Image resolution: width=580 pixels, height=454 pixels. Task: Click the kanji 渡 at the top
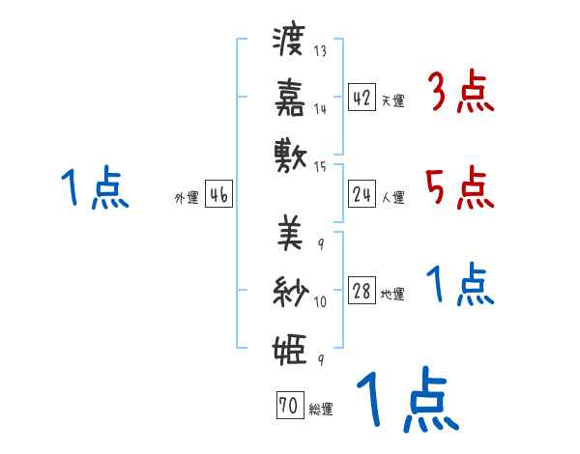pyautogui.click(x=290, y=42)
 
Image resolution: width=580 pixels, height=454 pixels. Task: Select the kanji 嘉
pyautogui.click(x=290, y=97)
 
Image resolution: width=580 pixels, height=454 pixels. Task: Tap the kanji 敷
pyautogui.click(x=290, y=155)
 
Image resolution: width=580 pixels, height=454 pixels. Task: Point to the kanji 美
pyautogui.click(x=290, y=233)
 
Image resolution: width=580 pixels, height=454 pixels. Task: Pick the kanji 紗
pyautogui.click(x=290, y=290)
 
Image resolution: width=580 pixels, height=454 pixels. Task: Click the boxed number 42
pyautogui.click(x=362, y=98)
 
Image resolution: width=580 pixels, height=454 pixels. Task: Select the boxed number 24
pyautogui.click(x=362, y=195)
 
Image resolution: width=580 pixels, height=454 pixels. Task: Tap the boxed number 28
pyautogui.click(x=362, y=292)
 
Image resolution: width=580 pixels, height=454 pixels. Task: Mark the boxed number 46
pyautogui.click(x=218, y=195)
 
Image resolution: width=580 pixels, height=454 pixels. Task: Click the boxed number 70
pyautogui.click(x=289, y=407)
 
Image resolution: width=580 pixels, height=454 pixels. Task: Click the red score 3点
pyautogui.click(x=461, y=94)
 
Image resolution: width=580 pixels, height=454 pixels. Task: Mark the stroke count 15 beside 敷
pyautogui.click(x=320, y=167)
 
